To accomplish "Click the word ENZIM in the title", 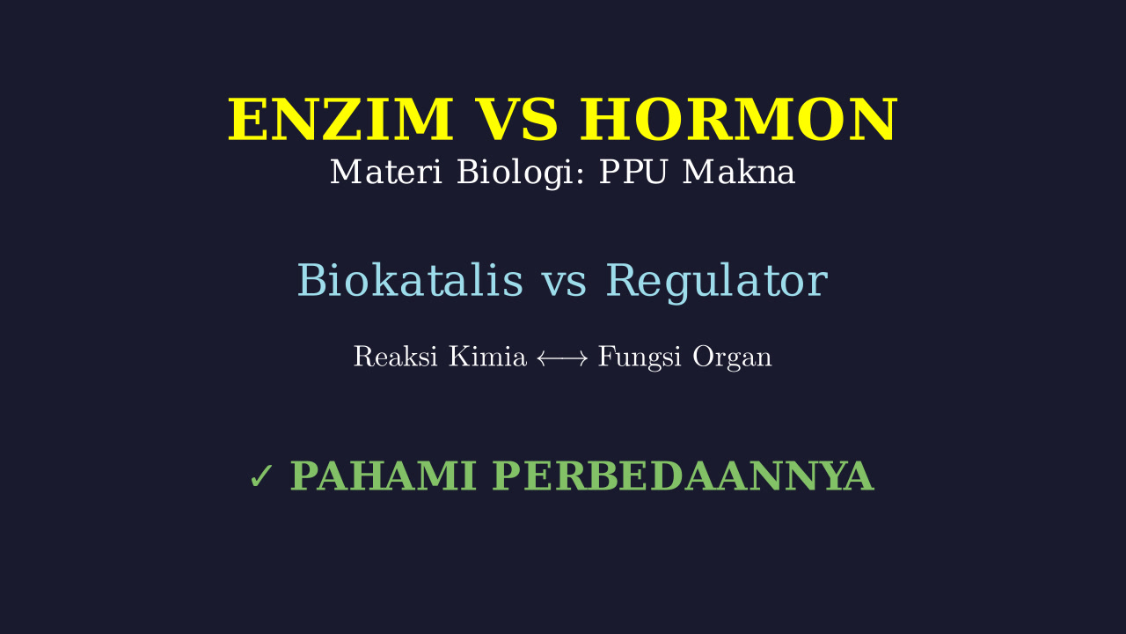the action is point(340,120).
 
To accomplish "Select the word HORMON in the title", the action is point(738,120).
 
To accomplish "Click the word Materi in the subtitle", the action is point(386,172).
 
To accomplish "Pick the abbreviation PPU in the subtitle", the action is point(632,172).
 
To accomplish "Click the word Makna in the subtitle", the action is point(739,172).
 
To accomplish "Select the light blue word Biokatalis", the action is point(411,280).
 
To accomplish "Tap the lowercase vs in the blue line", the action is point(565,284).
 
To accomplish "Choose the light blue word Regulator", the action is point(717,282).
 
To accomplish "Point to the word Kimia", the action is point(487,357).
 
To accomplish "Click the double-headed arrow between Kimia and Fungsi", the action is point(562,358).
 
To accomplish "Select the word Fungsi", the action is point(640,358).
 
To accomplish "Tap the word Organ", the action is point(732,358).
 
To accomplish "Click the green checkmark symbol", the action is point(261,476).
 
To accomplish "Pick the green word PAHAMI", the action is point(384,475).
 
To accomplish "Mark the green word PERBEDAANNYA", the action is point(684,475).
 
